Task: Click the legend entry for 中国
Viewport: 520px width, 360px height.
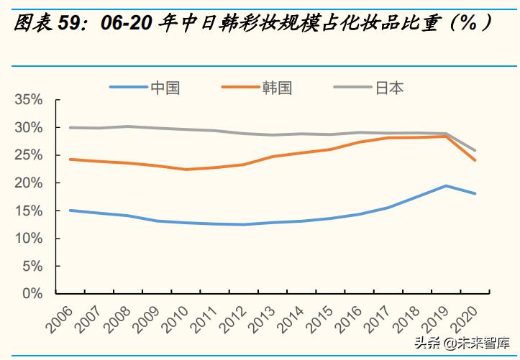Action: pos(165,88)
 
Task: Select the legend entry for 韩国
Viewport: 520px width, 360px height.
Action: pos(277,88)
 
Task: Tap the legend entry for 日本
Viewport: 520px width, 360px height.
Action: pos(389,88)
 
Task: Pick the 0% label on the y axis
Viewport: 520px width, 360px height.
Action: pos(33,294)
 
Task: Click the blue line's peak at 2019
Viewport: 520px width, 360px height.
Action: pos(446,186)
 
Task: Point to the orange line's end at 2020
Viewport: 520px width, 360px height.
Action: pos(475,160)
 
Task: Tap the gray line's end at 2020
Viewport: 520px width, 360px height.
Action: pos(475,151)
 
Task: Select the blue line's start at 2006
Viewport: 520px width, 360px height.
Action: pos(69,211)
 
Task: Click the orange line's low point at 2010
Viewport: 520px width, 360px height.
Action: pos(186,170)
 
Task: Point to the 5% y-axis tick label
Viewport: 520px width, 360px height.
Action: pos(33,266)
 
